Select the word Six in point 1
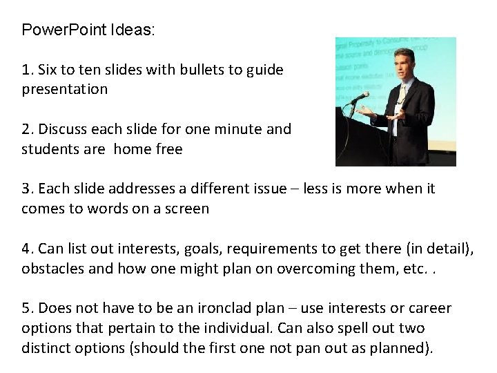(x=49, y=70)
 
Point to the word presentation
(x=64, y=89)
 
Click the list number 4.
(x=26, y=249)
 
